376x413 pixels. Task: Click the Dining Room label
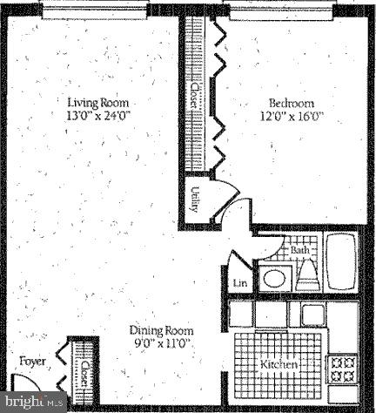(161, 331)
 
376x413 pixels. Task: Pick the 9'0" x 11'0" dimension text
(161, 344)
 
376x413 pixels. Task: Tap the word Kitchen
(279, 363)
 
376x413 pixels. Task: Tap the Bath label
(300, 250)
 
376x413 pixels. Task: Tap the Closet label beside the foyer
(85, 375)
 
